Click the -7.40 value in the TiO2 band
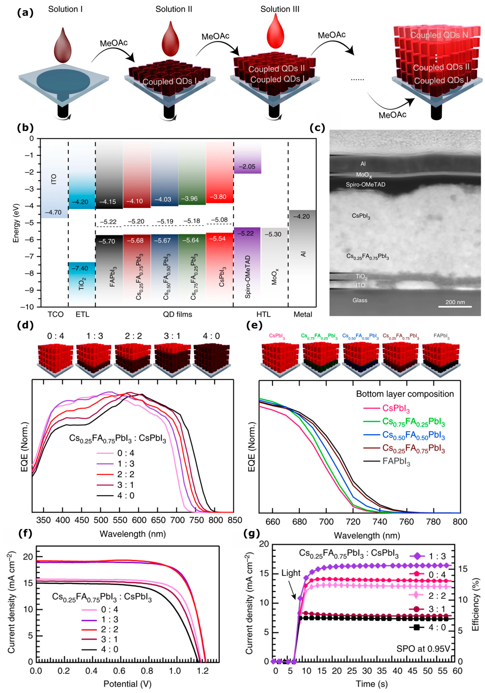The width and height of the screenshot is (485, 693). coord(80,268)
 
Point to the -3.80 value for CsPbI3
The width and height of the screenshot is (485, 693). coord(219,197)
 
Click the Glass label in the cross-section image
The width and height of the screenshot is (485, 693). coord(360,300)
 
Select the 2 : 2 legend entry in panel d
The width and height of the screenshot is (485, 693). coord(116,474)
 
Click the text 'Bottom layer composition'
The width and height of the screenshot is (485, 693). coord(405,394)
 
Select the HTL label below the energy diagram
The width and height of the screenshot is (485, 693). coord(263,314)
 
